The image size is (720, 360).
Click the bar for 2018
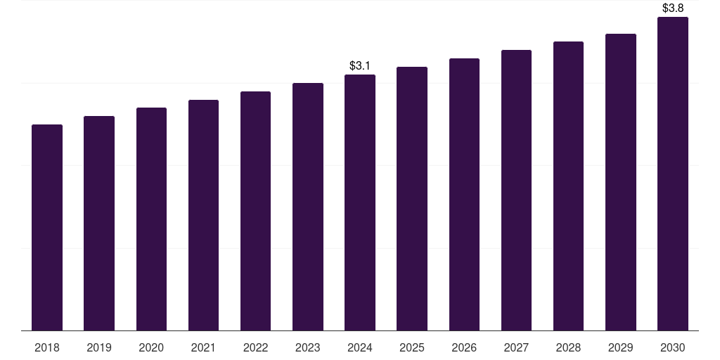[x=47, y=227]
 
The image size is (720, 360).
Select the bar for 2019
[x=99, y=223]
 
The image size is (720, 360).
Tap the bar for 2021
[x=203, y=215]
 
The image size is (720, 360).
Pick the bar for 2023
[x=308, y=207]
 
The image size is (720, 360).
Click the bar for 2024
[x=360, y=202]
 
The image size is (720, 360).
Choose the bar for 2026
[x=464, y=194]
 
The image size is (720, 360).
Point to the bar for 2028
[x=568, y=186]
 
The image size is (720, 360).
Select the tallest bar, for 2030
[x=673, y=174]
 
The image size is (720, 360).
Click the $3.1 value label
[x=359, y=65]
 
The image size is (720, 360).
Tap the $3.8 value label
[x=673, y=8]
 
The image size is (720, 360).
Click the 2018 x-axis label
[x=47, y=347]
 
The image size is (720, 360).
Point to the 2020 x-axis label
[x=151, y=347]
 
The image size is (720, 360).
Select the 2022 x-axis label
[x=255, y=347]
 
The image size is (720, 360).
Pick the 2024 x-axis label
[x=360, y=347]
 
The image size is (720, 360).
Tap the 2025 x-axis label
[x=412, y=347]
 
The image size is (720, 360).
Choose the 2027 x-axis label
[x=516, y=347]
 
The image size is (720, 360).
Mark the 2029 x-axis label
[x=620, y=347]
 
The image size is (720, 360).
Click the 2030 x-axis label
[x=673, y=347]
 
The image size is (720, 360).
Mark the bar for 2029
[x=621, y=182]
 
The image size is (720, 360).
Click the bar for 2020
[x=152, y=219]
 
